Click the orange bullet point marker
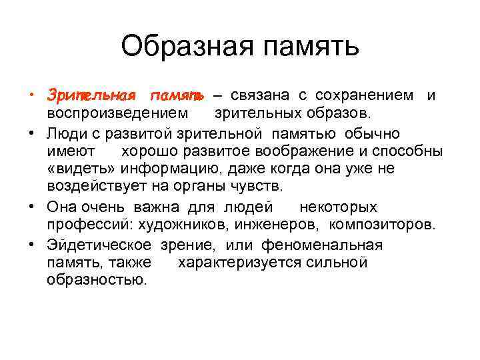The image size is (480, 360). [33, 95]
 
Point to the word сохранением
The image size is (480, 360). [363, 96]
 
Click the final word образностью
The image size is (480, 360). [96, 281]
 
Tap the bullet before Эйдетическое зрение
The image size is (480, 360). [33, 243]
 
